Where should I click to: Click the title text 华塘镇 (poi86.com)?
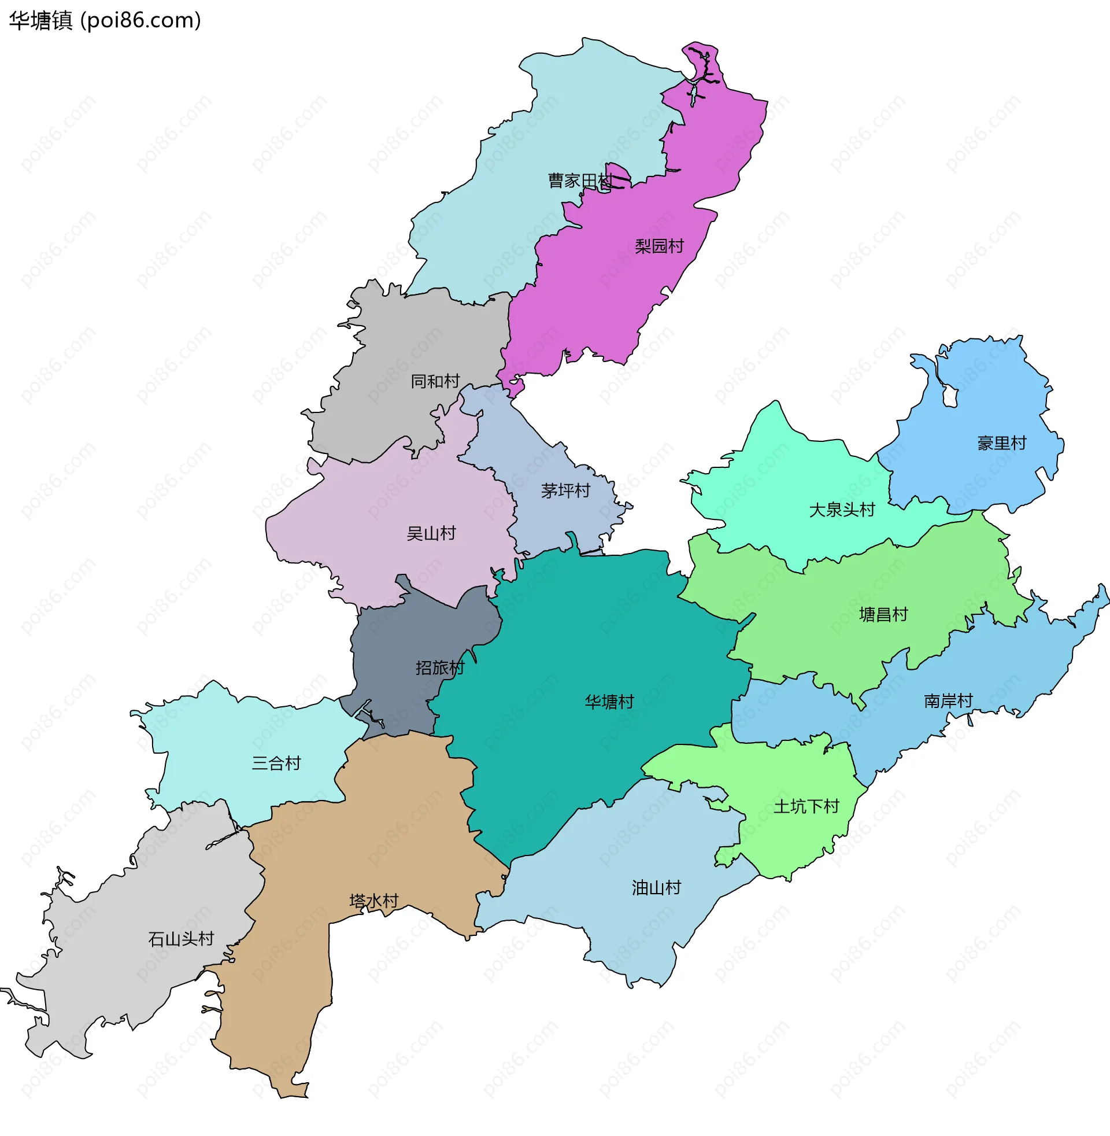tap(105, 20)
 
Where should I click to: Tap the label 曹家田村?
tap(580, 181)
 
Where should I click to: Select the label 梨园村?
tap(658, 246)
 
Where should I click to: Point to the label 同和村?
tap(435, 381)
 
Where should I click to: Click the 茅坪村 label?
tap(565, 491)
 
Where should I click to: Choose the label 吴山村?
tap(431, 534)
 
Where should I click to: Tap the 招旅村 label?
tap(440, 667)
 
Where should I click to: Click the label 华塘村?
tap(609, 702)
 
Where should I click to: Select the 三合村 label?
tap(276, 764)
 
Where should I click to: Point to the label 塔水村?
tap(373, 902)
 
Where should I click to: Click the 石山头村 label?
tap(181, 939)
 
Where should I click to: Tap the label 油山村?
tap(656, 888)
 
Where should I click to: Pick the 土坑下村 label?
tap(806, 807)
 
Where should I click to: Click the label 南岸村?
tap(949, 701)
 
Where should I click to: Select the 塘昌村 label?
tap(884, 615)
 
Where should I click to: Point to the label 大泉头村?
tap(842, 510)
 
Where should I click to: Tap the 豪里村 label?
tap(1001, 443)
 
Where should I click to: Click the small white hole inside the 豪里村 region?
tap(950, 398)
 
